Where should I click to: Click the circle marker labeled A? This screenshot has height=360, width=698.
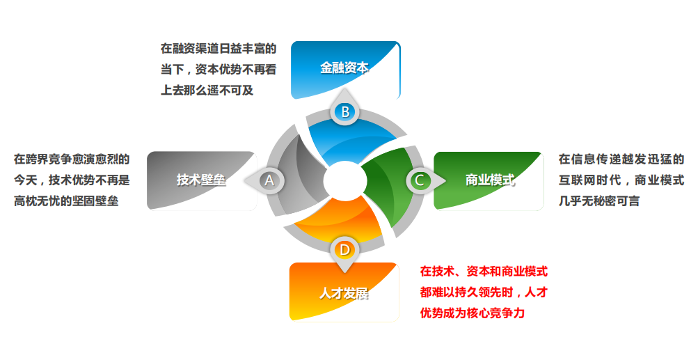pyautogui.click(x=269, y=180)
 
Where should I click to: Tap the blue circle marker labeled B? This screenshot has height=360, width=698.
pyautogui.click(x=345, y=112)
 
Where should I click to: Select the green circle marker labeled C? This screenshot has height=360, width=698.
pyautogui.click(x=420, y=180)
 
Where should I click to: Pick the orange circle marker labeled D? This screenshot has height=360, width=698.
pyautogui.click(x=345, y=250)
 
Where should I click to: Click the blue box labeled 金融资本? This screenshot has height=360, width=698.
pyautogui.click(x=345, y=70)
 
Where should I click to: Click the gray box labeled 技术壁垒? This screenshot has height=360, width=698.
pyautogui.click(x=202, y=180)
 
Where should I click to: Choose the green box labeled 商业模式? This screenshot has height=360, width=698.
pyautogui.click(x=489, y=180)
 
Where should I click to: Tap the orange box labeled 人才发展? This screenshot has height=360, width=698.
pyautogui.click(x=344, y=292)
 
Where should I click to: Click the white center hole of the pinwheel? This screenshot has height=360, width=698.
pyautogui.click(x=345, y=181)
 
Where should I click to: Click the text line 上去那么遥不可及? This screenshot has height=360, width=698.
pyautogui.click(x=207, y=91)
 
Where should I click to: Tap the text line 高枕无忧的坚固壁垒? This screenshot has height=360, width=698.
pyautogui.click(x=66, y=201)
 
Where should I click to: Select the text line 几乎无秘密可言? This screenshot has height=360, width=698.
pyautogui.click(x=599, y=201)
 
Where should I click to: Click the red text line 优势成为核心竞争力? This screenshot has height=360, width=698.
pyautogui.click(x=473, y=313)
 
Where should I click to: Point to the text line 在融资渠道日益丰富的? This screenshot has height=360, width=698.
pyautogui.click(x=219, y=49)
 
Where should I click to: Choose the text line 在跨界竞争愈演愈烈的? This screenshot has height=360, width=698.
pyautogui.click(x=72, y=159)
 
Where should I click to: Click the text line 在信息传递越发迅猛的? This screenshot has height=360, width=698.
pyautogui.click(x=621, y=159)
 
